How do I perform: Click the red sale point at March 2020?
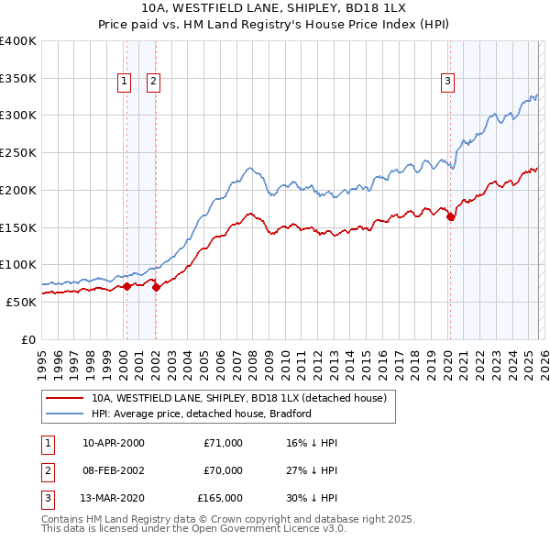pyautogui.click(x=450, y=217)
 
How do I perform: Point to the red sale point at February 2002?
pyautogui.click(x=156, y=287)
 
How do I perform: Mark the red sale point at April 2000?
pyautogui.click(x=126, y=286)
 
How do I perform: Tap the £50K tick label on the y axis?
pyautogui.click(x=21, y=302)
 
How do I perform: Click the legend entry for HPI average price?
pyautogui.click(x=201, y=414)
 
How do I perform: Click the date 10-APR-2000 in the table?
pyautogui.click(x=113, y=443)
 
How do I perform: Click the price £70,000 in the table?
pyautogui.click(x=223, y=470)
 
